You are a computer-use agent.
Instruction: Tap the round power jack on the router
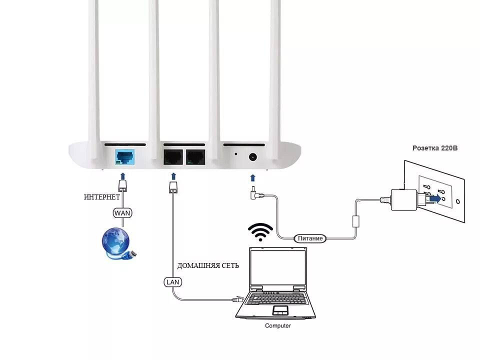[252, 157]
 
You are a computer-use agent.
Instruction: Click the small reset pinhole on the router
[235, 153]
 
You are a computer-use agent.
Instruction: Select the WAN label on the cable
[123, 213]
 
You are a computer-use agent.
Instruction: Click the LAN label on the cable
[172, 282]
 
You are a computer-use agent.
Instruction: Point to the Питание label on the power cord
[310, 238]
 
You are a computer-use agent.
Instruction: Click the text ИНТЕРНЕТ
[102, 197]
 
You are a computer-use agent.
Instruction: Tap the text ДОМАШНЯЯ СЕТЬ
[208, 265]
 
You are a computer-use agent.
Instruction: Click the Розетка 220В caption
[435, 148]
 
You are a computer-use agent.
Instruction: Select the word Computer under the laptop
[277, 325]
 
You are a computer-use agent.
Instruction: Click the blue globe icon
[116, 242]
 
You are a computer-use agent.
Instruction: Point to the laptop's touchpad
[280, 310]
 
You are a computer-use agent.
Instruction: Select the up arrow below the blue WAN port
[122, 176]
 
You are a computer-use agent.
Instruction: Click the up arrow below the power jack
[252, 177]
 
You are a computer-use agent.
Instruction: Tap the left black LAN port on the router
[173, 157]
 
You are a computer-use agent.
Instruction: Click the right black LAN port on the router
[195, 157]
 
